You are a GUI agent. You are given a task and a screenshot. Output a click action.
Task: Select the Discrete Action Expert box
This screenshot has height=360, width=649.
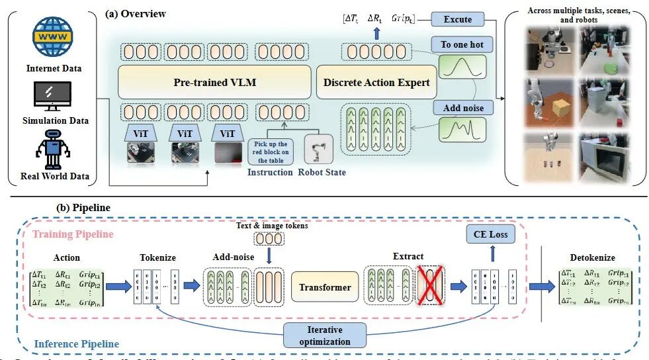click(376, 83)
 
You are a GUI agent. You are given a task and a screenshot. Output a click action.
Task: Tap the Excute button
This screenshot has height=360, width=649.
click(457, 20)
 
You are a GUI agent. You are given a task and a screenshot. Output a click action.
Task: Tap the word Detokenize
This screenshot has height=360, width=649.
click(592, 257)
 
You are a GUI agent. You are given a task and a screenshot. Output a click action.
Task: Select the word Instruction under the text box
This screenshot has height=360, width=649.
click(270, 173)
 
